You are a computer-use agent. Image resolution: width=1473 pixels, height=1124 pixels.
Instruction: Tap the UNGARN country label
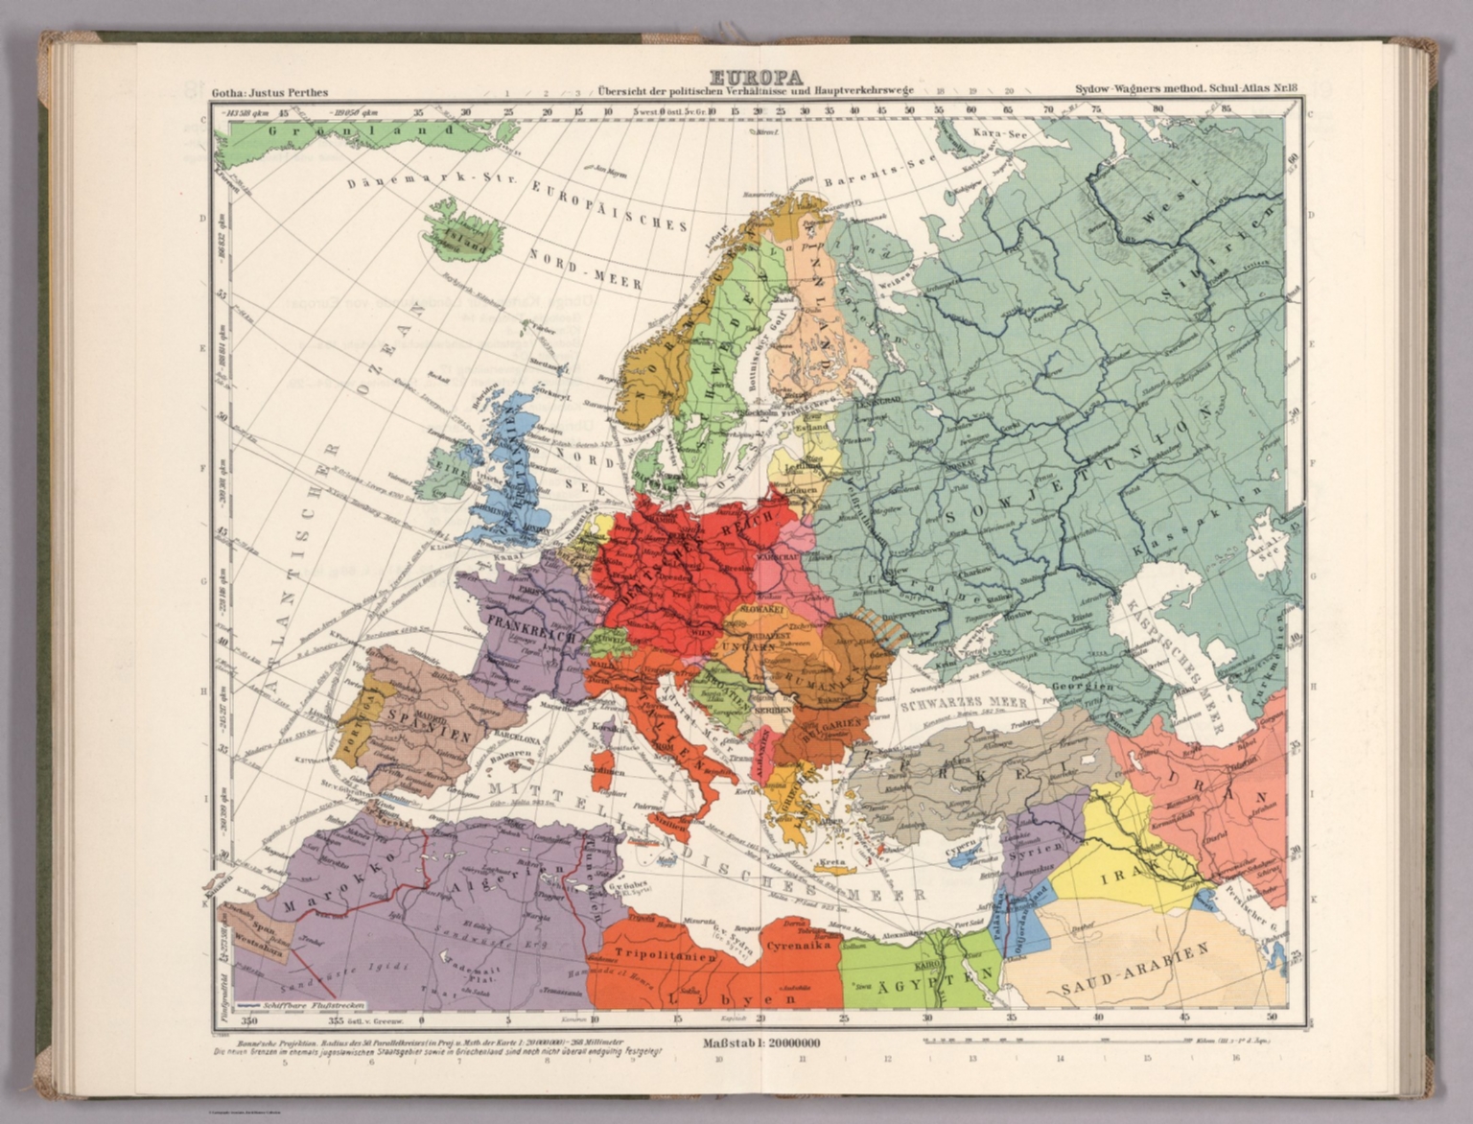click(748, 648)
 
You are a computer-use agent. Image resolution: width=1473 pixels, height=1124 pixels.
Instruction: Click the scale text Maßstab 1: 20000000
click(761, 1043)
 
